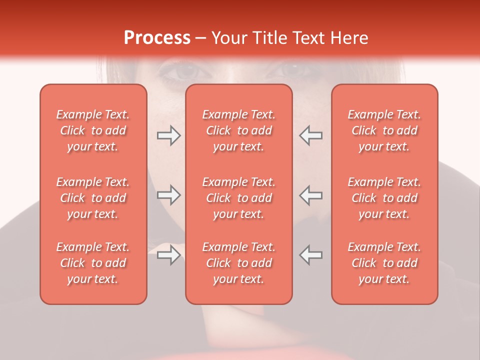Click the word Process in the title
click(x=157, y=38)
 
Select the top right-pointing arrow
click(x=168, y=135)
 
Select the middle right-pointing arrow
click(x=168, y=195)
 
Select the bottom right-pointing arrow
click(x=168, y=255)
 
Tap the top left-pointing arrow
click(x=310, y=135)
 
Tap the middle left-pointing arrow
click(x=310, y=195)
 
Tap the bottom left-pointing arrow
click(x=310, y=255)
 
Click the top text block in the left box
click(x=93, y=130)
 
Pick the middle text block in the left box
click(x=93, y=198)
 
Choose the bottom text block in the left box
click(x=93, y=263)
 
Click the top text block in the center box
click(x=238, y=130)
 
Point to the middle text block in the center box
click(x=238, y=198)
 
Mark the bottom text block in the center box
click(x=238, y=263)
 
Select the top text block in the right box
click(x=384, y=130)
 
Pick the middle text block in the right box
click(x=384, y=198)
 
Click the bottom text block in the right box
click(x=384, y=263)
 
